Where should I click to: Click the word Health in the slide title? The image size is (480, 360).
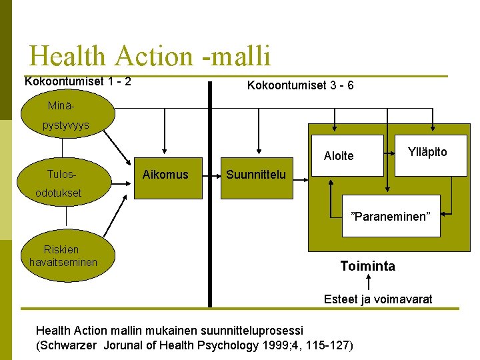(71, 56)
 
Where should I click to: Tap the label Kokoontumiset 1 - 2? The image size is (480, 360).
(77, 81)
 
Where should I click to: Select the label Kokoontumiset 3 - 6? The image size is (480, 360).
(300, 85)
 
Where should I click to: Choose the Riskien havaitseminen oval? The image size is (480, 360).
(63, 256)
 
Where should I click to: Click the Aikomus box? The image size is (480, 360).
(166, 175)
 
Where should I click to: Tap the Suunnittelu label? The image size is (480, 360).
(256, 175)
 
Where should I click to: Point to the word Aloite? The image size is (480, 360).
(339, 156)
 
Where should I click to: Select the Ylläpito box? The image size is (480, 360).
(427, 153)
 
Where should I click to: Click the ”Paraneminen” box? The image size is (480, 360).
(391, 216)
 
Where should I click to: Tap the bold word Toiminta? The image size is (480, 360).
(367, 267)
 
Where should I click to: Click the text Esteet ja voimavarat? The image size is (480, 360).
(377, 299)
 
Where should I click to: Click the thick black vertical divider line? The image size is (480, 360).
(209, 200)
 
